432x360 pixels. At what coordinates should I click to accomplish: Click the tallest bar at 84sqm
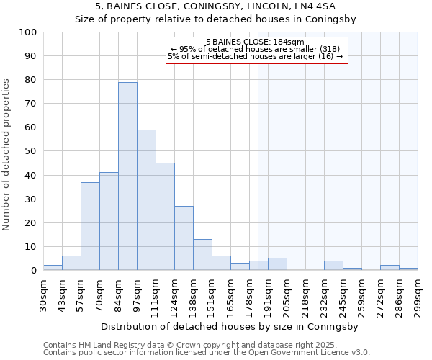127,176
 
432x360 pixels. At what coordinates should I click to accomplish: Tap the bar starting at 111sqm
165,217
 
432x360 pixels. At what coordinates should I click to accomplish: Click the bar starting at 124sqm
184,238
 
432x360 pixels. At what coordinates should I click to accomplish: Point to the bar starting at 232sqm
333,266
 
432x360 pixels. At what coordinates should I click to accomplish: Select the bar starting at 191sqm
277,264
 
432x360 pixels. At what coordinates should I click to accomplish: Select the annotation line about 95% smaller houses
255,49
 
